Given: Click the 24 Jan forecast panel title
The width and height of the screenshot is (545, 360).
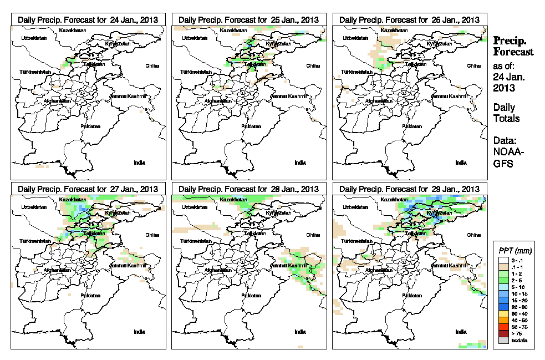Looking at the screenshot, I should (88, 19).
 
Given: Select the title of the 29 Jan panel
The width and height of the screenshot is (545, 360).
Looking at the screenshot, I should (409, 189).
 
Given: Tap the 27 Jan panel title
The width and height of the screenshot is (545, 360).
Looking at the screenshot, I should (88, 189).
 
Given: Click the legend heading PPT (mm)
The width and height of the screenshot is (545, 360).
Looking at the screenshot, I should (513, 251).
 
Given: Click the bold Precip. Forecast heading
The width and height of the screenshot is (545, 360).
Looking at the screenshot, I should (513, 46).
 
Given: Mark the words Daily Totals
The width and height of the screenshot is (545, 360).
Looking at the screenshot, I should (506, 113).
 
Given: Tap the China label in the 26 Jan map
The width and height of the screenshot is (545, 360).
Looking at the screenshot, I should (473, 65).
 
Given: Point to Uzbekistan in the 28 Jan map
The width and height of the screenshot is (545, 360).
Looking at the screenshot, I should (192, 207).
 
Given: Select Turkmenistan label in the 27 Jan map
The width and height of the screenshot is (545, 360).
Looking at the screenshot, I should (35, 242).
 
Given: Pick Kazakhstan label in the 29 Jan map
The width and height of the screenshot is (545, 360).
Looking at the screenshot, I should (395, 199).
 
